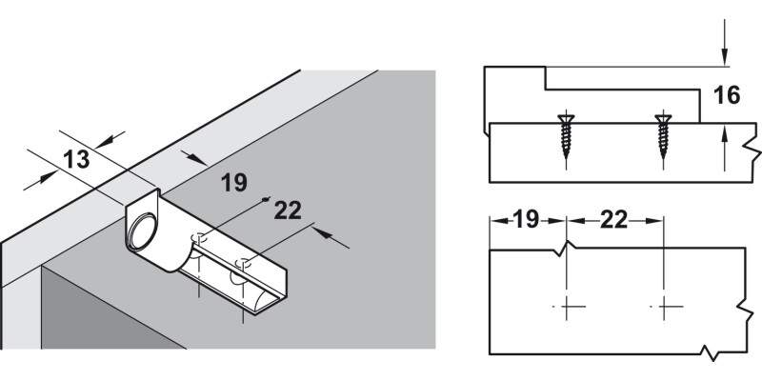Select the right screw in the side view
click(x=663, y=138)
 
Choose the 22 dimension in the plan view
click(x=613, y=220)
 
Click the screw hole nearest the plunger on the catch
click(x=200, y=238)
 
